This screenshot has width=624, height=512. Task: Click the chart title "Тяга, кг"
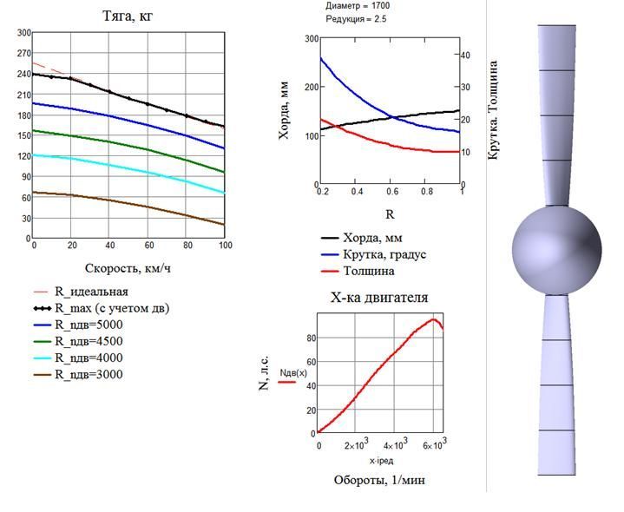coord(128,16)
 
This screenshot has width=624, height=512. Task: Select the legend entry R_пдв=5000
coord(78,325)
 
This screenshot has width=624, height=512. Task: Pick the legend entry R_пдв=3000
coord(78,374)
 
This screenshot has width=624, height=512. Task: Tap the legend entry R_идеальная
coord(81,292)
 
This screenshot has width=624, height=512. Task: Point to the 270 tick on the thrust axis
coord(23,53)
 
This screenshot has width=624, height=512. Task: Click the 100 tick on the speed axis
coord(226,245)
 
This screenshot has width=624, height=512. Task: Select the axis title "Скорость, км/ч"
coord(128,268)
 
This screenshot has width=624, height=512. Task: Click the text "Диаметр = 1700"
coord(358,6)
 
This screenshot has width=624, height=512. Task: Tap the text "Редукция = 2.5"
coord(356,19)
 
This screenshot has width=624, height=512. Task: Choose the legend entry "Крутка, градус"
coord(373,254)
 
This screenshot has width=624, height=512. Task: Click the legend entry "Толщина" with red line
coord(358,272)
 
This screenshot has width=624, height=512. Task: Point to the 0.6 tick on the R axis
coord(392,192)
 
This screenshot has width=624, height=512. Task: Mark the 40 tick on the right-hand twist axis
coord(465,55)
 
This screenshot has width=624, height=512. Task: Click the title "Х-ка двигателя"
coord(379,298)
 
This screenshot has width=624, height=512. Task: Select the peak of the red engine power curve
coord(433,319)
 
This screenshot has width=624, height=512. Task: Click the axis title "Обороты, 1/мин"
coord(379,480)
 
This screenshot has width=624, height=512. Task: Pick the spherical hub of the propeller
coord(557,251)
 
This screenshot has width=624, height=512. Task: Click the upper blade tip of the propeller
coord(557,25)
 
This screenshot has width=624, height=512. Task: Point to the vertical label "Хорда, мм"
coord(284,110)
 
